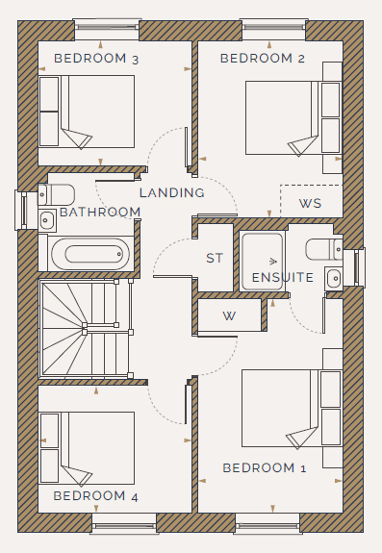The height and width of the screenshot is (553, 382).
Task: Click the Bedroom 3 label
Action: point(96,59)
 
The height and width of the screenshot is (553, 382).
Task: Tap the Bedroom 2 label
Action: point(263,59)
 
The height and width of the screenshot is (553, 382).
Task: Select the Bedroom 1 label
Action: point(265,468)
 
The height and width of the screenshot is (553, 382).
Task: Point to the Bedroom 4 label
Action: point(95,496)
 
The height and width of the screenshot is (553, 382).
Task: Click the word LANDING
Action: point(172,193)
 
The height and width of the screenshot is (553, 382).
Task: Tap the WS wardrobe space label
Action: point(311,204)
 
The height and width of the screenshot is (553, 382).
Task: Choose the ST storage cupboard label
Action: point(215,258)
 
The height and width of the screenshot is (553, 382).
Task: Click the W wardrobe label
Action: point(229,316)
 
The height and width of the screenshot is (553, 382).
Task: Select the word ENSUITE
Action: point(283,278)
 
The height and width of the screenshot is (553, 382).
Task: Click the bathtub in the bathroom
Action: point(90,254)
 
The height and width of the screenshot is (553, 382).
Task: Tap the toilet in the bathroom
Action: point(57,194)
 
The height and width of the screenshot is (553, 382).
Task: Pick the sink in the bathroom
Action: point(47,221)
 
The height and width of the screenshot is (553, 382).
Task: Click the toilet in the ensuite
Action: point(324,249)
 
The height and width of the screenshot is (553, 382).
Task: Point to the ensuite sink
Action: point(334,279)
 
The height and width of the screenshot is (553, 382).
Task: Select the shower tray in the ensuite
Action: point(262,262)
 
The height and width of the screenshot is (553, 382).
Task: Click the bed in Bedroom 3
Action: point(87,112)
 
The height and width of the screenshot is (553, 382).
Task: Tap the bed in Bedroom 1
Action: point(292,408)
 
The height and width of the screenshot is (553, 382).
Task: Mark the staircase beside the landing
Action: point(86,329)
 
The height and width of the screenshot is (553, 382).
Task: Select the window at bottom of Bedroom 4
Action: point(123,524)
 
